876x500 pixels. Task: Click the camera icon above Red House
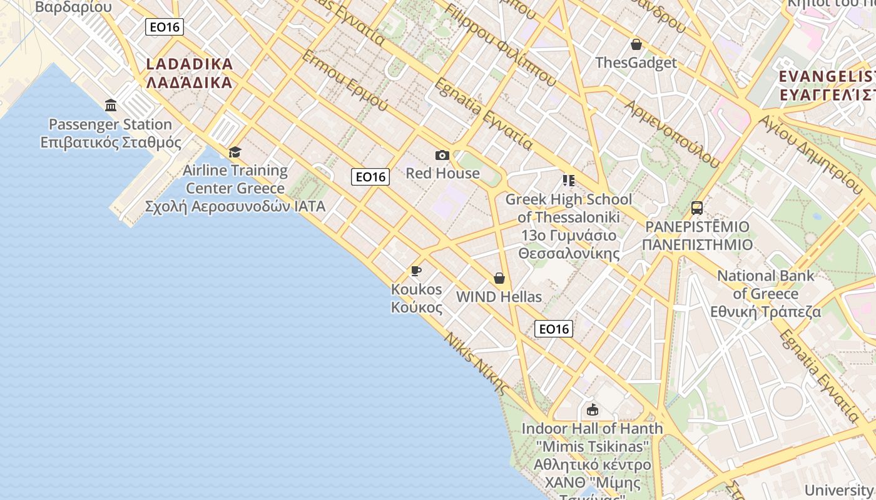point(442,155)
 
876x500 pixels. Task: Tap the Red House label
point(442,173)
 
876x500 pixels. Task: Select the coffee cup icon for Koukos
point(416,271)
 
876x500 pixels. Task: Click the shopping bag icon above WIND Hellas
point(499,278)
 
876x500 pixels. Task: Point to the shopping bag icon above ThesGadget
point(636,44)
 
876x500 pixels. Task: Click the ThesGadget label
point(636,62)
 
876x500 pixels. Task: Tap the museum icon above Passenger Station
point(111,105)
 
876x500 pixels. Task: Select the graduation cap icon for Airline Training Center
point(235,152)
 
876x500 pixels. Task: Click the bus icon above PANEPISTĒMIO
point(697,208)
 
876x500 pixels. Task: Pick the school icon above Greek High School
point(568,181)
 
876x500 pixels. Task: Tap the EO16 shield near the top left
point(165,27)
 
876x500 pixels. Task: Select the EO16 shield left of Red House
point(370,177)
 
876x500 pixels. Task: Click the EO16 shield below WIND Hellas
point(554,329)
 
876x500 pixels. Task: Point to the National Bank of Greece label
point(765,294)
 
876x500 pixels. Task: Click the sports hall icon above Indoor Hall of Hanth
point(592,410)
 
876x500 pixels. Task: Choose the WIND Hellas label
point(499,297)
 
